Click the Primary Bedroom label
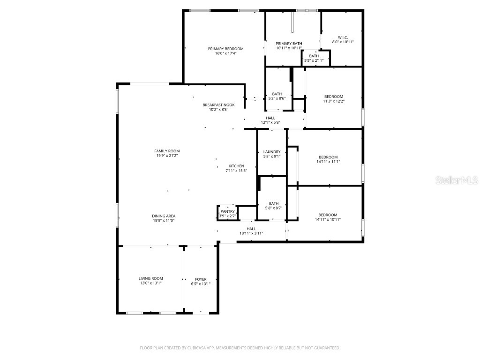click(225, 49)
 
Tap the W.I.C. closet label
click(343, 37)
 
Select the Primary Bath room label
click(288, 44)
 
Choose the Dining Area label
click(164, 216)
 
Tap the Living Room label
click(150, 278)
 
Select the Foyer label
click(201, 279)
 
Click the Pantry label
click(227, 212)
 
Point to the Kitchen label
click(236, 166)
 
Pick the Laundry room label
click(272, 152)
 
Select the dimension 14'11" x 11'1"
click(328, 162)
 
